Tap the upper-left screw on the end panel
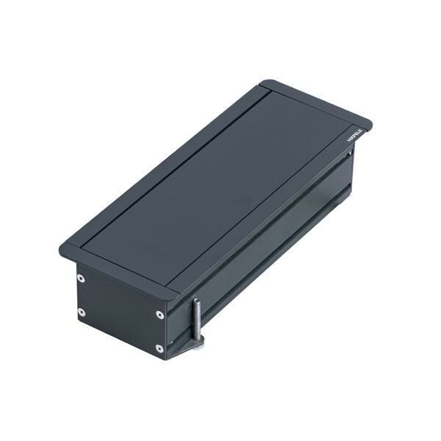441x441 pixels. pyautogui.click(x=81, y=279)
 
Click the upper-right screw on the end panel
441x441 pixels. pyautogui.click(x=159, y=315)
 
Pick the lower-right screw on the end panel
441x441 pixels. pyautogui.click(x=159, y=348)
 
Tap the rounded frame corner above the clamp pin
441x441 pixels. pyautogui.click(x=173, y=293)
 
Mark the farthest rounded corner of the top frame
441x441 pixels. pyautogui.click(x=265, y=82)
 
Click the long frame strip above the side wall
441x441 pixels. pyautogui.click(x=272, y=206)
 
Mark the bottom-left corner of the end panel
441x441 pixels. pyautogui.click(x=76, y=323)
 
